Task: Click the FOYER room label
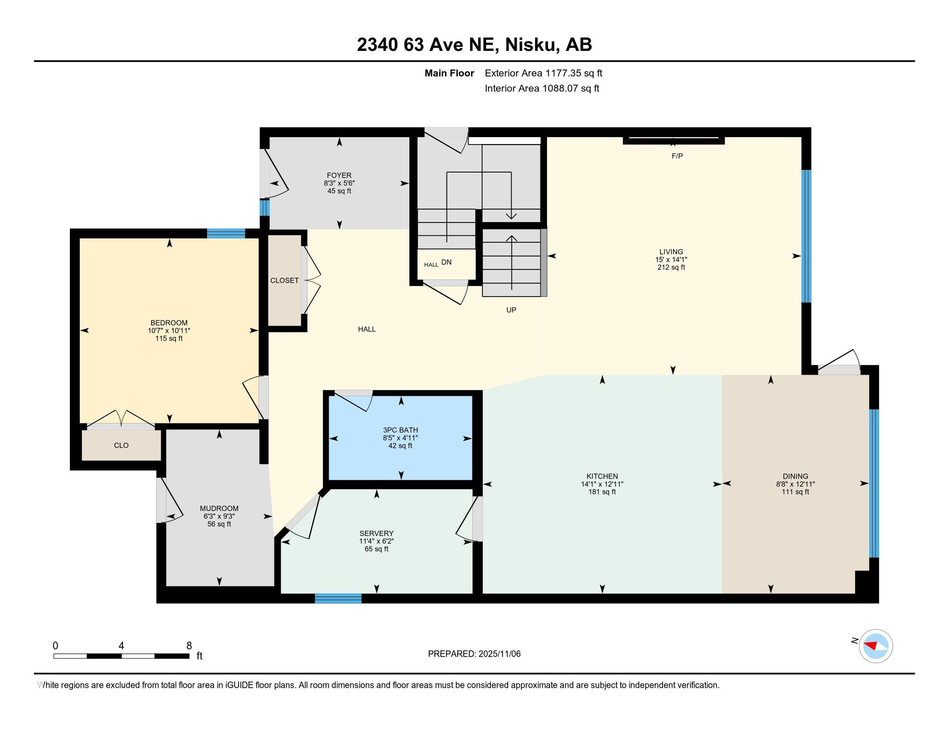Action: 339,175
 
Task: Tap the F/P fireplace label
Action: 677,156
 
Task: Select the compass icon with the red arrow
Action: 876,646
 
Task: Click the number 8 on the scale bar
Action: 189,646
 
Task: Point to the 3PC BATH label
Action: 400,430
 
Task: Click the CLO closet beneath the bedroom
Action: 121,445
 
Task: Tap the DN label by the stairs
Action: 446,262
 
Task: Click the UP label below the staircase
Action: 511,310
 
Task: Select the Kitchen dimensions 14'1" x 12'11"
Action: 602,484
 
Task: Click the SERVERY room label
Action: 376,533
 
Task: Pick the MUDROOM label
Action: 219,508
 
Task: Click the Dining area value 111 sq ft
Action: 795,492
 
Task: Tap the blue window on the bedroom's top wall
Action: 226,234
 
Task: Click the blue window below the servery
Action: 338,598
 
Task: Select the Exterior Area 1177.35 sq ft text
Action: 543,73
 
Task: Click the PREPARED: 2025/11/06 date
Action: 474,654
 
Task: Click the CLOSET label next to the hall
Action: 284,281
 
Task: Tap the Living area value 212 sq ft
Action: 671,267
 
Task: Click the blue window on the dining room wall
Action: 874,483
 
